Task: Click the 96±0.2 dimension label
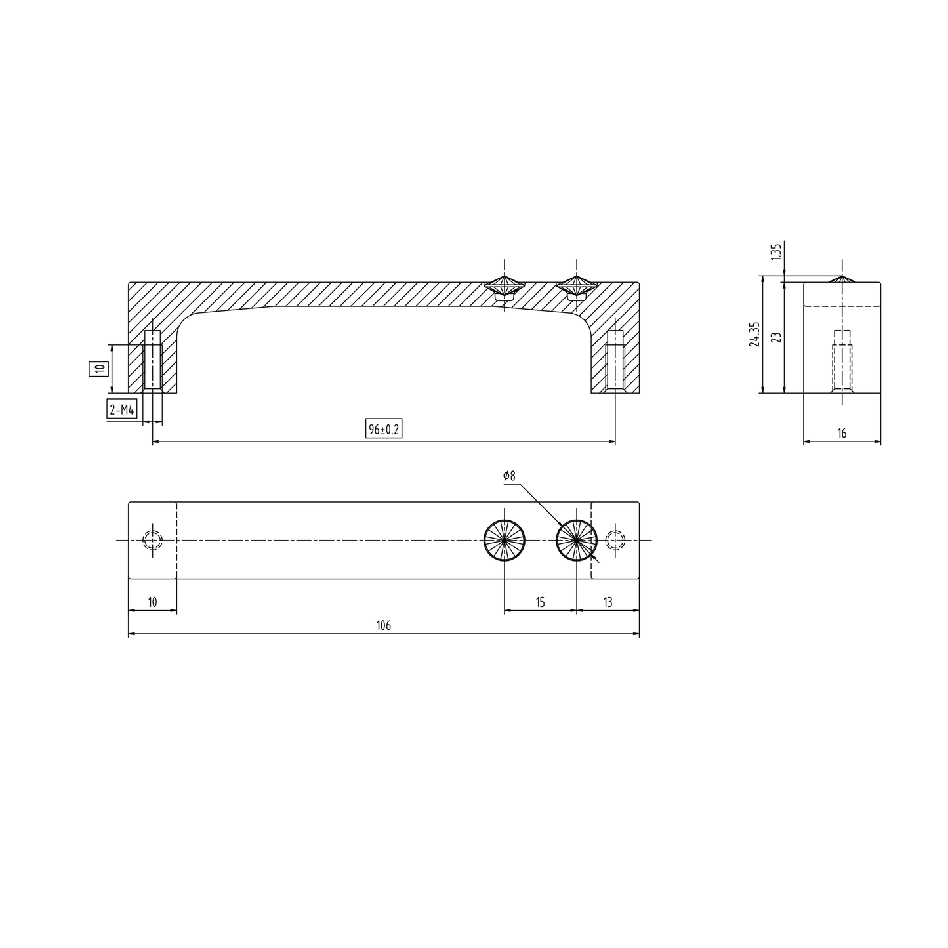[x=384, y=430]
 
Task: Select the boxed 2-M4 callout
[x=122, y=410]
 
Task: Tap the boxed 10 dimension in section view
[x=99, y=368]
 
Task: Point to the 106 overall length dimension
[x=384, y=625]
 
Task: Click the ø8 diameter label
[x=510, y=476]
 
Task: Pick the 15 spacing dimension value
[x=540, y=602]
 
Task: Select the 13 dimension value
[x=608, y=602]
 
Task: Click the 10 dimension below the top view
[x=152, y=602]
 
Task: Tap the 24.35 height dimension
[x=755, y=334]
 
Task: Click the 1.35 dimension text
[x=777, y=251]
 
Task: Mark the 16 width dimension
[x=842, y=433]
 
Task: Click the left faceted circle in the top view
[x=504, y=541]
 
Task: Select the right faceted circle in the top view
[x=576, y=541]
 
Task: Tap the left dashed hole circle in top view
[x=152, y=541]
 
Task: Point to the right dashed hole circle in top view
[x=615, y=541]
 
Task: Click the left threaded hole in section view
[x=152, y=361]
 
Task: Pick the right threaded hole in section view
[x=615, y=361]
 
